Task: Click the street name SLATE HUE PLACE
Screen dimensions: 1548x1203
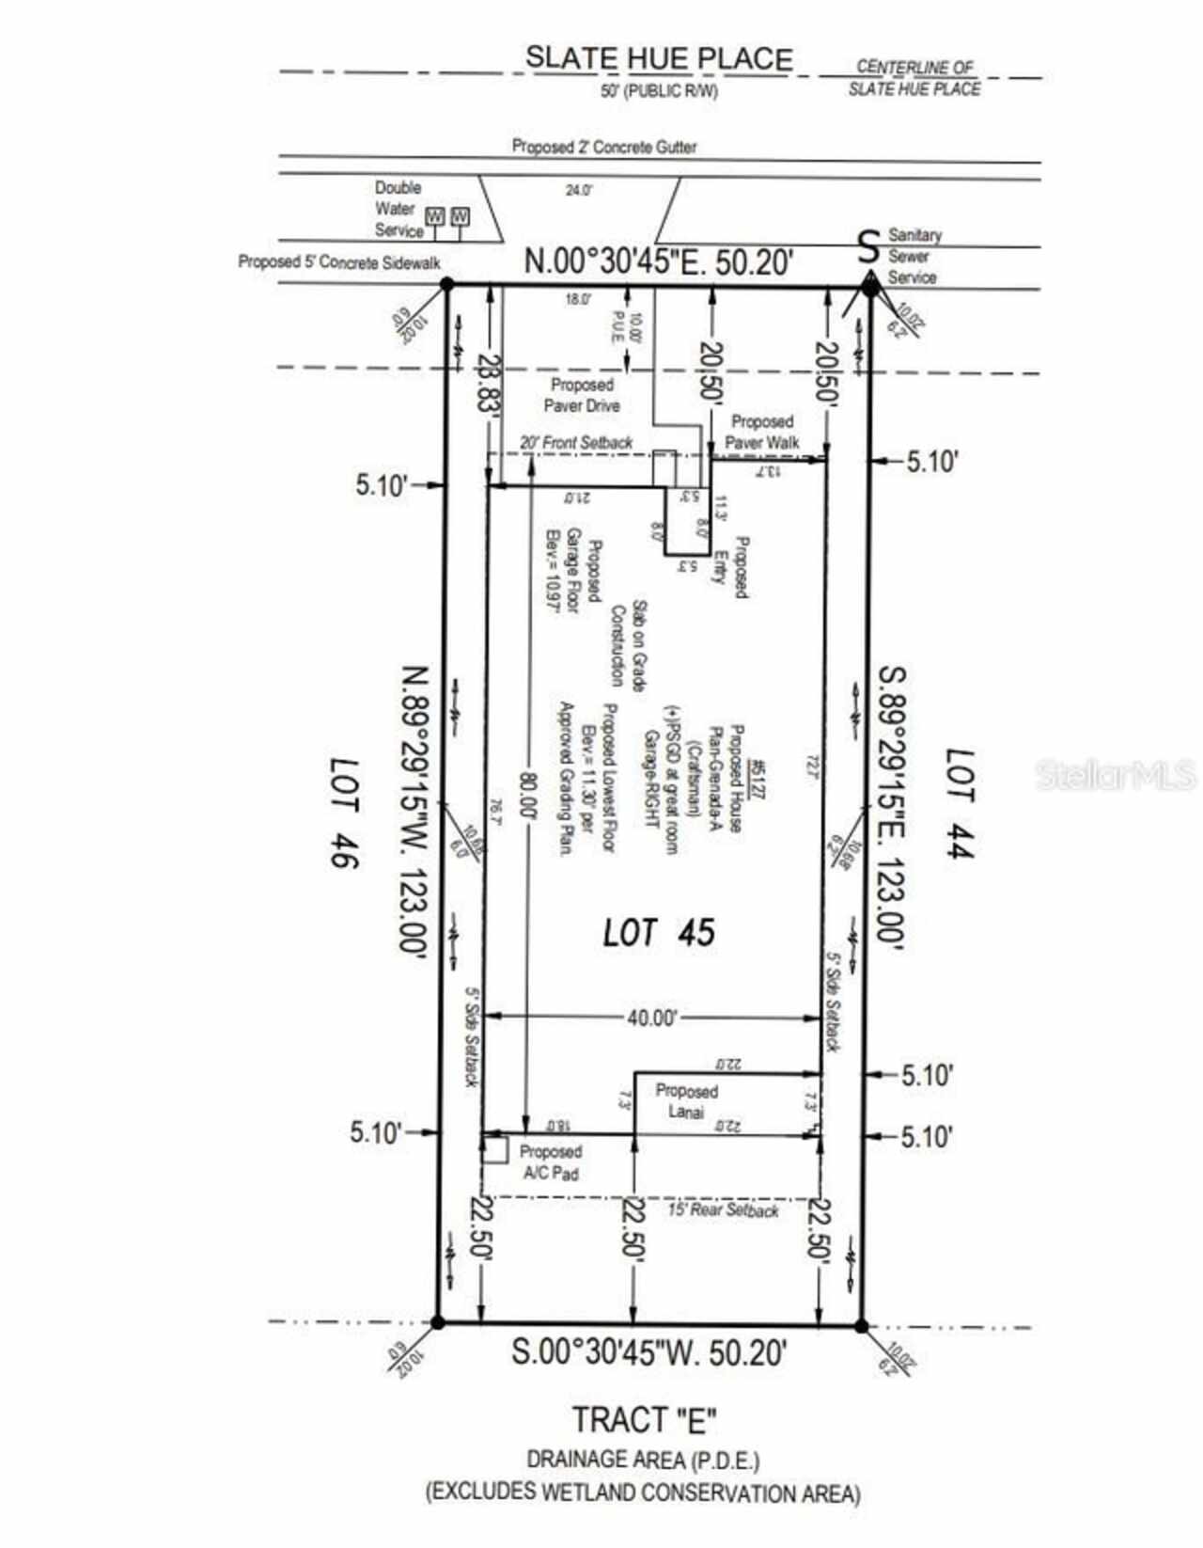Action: click(658, 58)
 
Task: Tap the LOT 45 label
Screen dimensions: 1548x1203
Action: click(658, 932)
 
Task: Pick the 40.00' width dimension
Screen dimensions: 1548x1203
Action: click(651, 1018)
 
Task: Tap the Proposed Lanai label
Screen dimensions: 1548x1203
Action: click(686, 1101)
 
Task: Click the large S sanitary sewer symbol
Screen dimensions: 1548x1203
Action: click(869, 246)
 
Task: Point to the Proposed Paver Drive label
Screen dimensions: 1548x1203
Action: click(582, 395)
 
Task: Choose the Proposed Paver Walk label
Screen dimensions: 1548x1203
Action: click(761, 432)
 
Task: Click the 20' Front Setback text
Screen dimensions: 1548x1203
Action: click(576, 442)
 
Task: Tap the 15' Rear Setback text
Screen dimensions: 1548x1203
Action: click(723, 1209)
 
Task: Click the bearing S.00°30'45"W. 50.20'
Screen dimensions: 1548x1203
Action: click(648, 1352)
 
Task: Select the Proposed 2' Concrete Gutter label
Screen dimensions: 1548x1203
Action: click(603, 147)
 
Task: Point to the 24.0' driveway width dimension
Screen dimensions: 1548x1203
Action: click(578, 190)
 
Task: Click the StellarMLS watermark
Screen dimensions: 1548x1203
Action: click(1115, 774)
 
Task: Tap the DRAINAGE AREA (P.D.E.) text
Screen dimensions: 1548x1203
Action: click(643, 1460)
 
